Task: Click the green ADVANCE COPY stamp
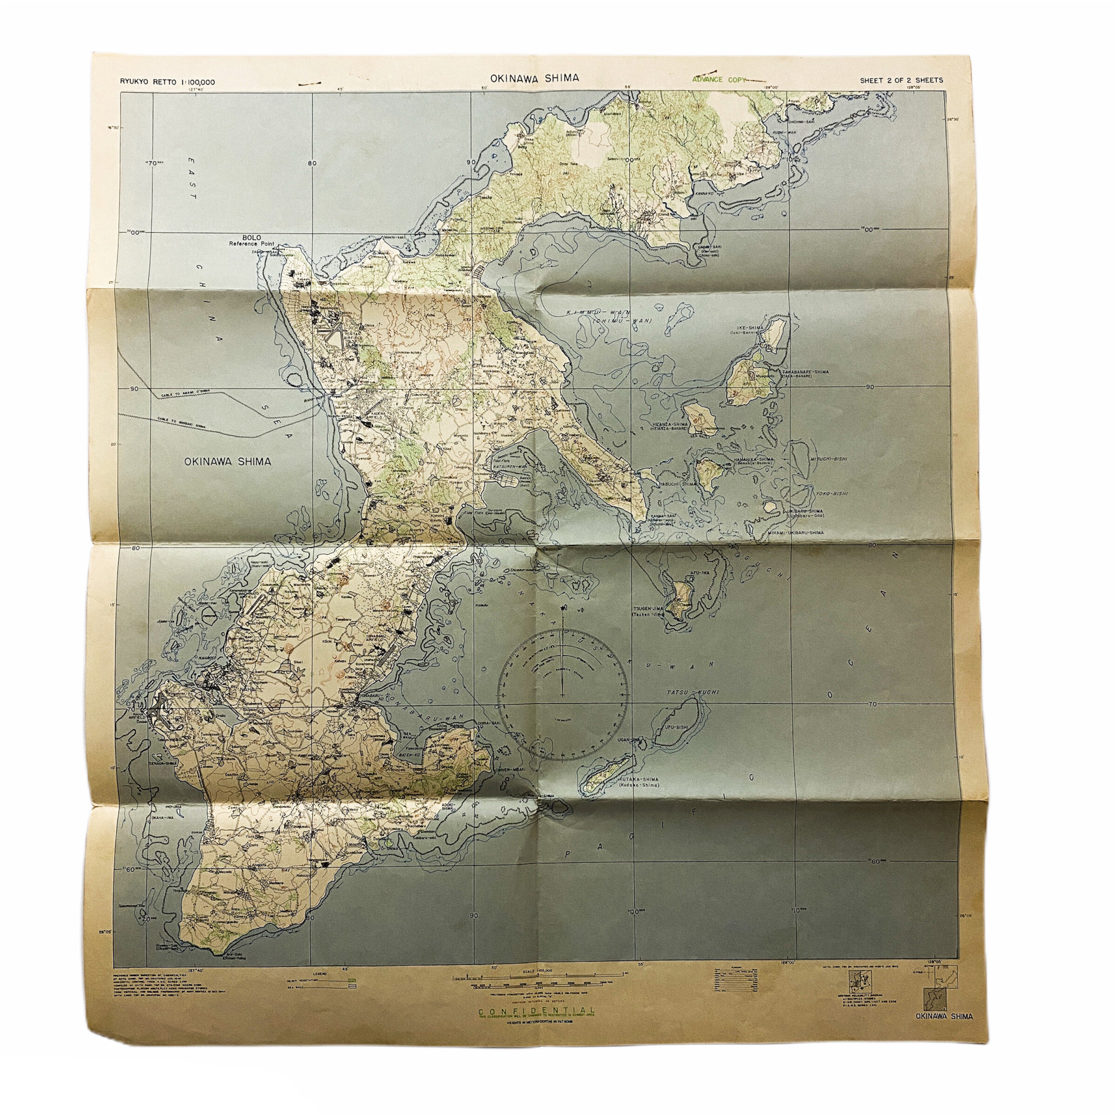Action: click(x=718, y=80)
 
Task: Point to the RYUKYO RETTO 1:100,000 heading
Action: click(x=168, y=81)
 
